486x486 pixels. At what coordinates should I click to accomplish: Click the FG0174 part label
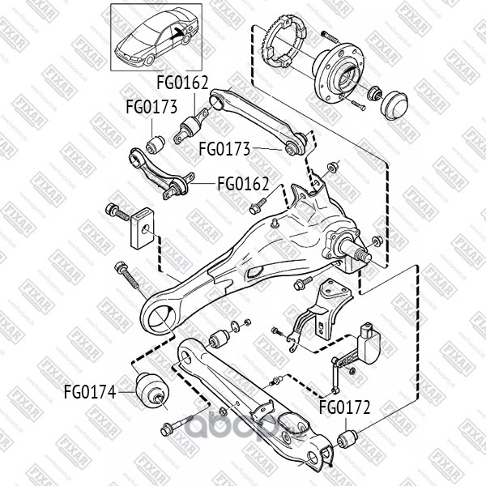89,394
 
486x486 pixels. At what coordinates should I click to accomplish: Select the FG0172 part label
344,407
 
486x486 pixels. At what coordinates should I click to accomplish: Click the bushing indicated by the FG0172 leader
346,441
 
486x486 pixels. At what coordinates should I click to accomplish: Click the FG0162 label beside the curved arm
243,183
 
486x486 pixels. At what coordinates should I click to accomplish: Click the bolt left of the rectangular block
117,211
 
